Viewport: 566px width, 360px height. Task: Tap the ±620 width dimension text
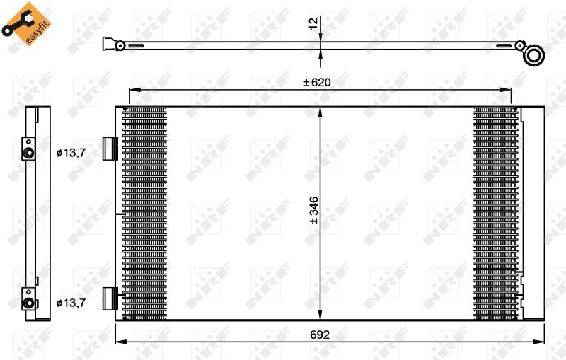[316, 82]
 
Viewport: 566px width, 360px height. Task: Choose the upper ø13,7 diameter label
[71, 151]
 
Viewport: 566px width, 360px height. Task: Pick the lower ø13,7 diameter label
[71, 303]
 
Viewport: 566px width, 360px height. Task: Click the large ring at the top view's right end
[535, 54]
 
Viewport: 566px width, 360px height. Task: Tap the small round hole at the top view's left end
[120, 45]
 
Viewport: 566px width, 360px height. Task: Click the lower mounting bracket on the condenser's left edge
[109, 299]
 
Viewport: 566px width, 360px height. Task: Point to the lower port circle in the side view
[29, 303]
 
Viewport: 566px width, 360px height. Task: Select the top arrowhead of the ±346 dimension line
[320, 111]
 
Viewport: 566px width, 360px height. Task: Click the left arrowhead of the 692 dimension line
[119, 343]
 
